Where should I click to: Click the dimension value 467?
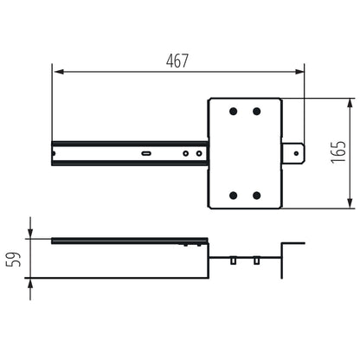[177, 61]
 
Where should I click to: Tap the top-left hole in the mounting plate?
[233, 111]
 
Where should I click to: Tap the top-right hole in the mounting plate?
[256, 111]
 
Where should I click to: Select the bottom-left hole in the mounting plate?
[233, 195]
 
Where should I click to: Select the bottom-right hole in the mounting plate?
[256, 195]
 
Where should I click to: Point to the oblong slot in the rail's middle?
[146, 153]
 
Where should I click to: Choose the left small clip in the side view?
[234, 260]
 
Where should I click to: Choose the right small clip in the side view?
[256, 260]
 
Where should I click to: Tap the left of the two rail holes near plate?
[185, 153]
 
